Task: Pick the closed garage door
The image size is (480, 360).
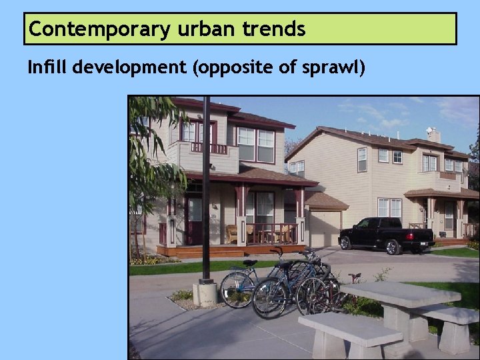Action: click(324, 228)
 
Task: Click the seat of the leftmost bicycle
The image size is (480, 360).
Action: click(249, 263)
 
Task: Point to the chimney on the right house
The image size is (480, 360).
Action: click(433, 135)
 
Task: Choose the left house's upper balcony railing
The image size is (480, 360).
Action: click(209, 148)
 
